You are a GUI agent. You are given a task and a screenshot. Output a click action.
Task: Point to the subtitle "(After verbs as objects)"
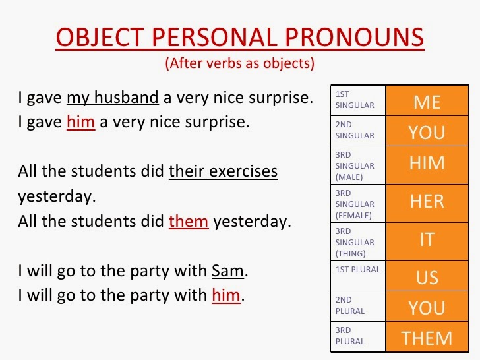click(x=239, y=64)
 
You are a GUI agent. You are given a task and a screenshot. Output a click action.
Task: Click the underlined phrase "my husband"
click(x=112, y=98)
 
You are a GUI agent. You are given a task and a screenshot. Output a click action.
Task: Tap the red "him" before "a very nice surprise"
click(x=80, y=122)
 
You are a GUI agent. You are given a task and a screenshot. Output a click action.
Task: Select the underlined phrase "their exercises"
click(x=223, y=172)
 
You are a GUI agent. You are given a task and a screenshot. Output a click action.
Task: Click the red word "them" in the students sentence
click(x=189, y=222)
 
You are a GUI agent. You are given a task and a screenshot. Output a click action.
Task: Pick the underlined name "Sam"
click(x=227, y=271)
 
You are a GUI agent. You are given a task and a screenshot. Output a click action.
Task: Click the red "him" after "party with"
click(x=225, y=295)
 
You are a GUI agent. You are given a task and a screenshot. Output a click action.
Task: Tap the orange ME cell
click(x=427, y=102)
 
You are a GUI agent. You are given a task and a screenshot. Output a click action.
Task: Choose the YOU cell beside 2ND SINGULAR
click(x=427, y=133)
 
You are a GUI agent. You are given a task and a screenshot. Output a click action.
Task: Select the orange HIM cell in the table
click(x=427, y=163)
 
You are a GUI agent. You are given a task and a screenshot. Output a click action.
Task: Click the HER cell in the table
click(x=427, y=201)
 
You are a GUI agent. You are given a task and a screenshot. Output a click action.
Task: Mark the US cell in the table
click(x=427, y=277)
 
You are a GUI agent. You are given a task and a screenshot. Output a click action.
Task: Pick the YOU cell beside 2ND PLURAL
click(x=427, y=307)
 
